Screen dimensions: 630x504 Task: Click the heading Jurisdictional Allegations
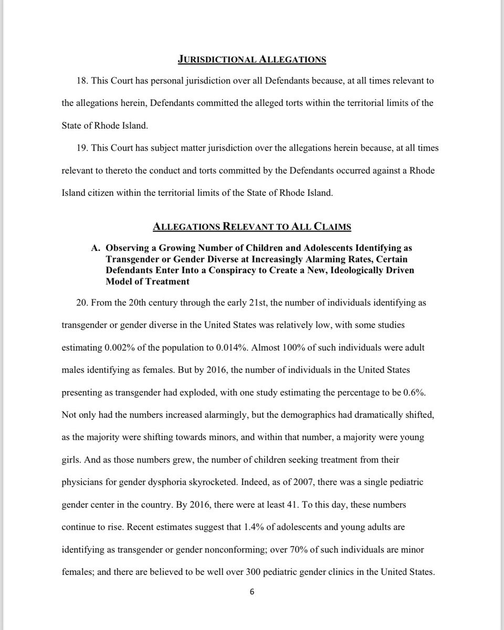[x=252, y=59]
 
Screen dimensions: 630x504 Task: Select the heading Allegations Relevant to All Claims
[x=252, y=227]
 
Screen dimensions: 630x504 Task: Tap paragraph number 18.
[x=83, y=81]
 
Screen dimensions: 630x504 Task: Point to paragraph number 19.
[x=83, y=148]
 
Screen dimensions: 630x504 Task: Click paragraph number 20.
[x=83, y=303]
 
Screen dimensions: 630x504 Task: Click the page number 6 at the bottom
[x=252, y=592]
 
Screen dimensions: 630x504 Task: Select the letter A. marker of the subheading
[x=96, y=247]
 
